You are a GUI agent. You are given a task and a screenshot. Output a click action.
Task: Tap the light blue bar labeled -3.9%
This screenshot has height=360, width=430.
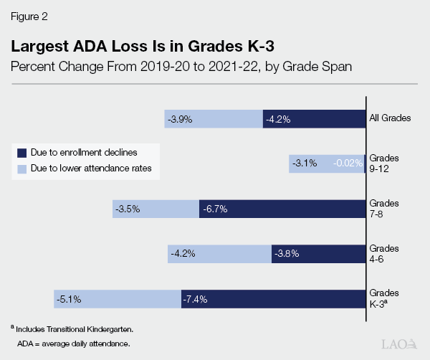[x=214, y=119]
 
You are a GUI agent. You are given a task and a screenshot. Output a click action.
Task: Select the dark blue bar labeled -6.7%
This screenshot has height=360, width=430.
[x=282, y=209]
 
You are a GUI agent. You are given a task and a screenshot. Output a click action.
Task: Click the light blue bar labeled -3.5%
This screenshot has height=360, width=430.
[x=156, y=209]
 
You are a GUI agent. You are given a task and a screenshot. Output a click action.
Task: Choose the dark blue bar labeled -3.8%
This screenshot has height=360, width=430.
[x=319, y=254]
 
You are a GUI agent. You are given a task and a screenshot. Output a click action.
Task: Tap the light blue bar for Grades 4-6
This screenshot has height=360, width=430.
[x=219, y=254]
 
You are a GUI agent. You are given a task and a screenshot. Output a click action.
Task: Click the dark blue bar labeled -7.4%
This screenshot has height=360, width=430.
[x=273, y=299]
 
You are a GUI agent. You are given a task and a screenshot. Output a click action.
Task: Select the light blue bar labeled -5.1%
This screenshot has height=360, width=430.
[x=117, y=299]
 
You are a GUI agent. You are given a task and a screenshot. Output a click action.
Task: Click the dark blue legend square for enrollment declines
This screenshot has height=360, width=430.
[x=22, y=153]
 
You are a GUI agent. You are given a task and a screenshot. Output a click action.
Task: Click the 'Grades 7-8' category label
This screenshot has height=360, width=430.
[x=383, y=208]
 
